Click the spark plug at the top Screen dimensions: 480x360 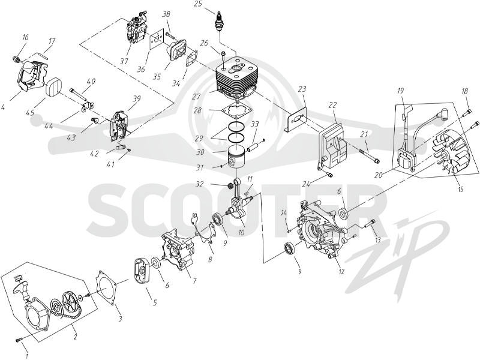(220, 22)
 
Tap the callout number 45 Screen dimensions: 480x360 (30, 112)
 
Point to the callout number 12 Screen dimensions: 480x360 (341, 271)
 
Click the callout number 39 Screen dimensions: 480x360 (137, 99)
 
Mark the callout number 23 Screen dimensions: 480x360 (302, 89)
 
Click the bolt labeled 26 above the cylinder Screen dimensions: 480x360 (223, 57)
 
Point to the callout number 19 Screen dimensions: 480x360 (400, 91)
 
